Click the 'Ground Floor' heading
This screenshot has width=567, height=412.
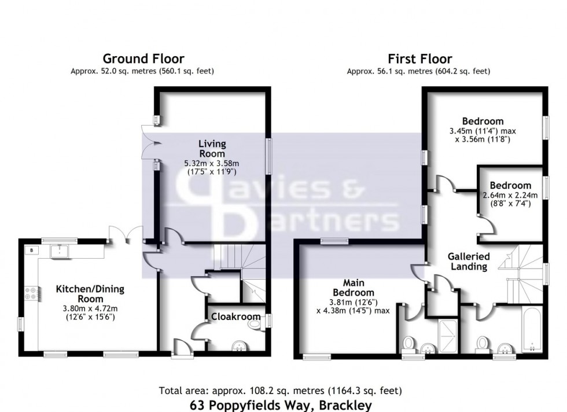tap(143, 58)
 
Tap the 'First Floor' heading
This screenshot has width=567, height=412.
tap(420, 58)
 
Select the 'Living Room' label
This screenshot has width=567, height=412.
tap(212, 149)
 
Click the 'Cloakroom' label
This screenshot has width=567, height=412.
tap(230, 317)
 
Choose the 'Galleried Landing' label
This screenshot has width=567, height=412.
tap(469, 261)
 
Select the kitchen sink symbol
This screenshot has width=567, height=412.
tap(60, 251)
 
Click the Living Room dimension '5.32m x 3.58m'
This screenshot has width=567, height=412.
tap(212, 163)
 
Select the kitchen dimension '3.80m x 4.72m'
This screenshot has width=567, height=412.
tap(90, 308)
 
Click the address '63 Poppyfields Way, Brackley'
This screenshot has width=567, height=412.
tap(281, 405)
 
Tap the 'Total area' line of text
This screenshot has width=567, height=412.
tap(281, 391)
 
